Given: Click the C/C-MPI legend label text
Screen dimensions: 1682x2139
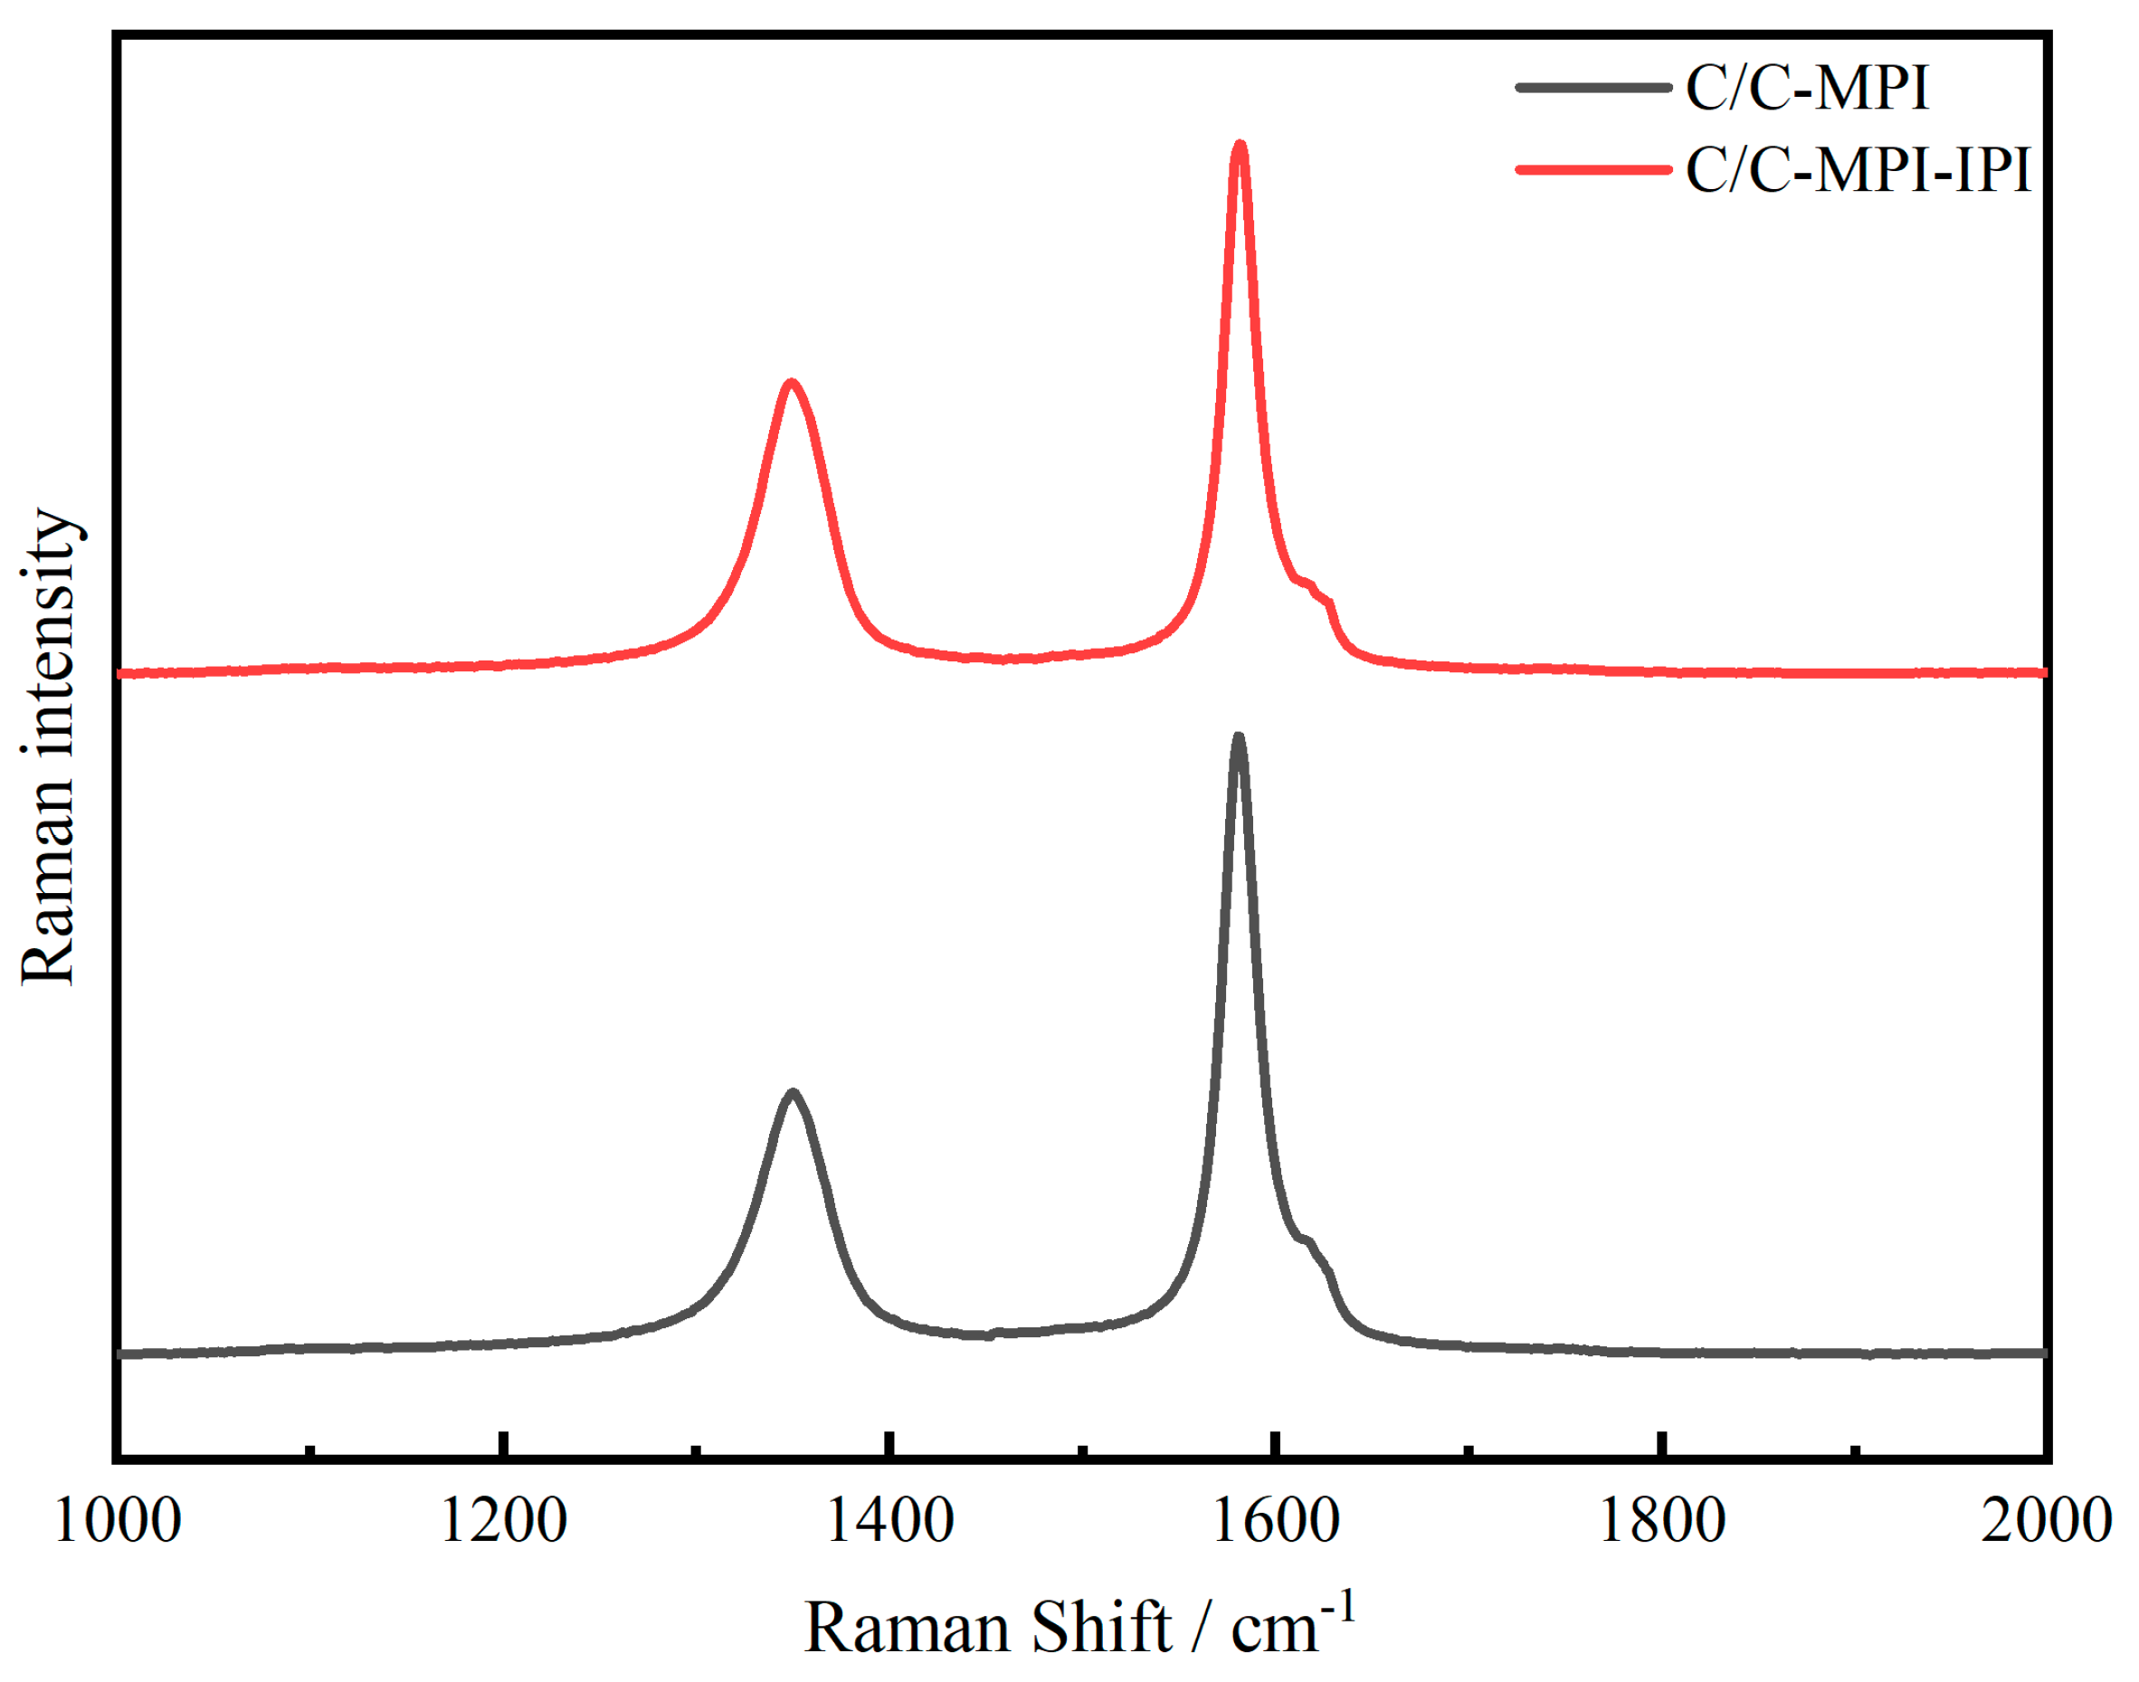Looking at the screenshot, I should (x=1805, y=89).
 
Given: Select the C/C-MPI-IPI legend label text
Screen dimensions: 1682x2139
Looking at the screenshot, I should (x=1858, y=170).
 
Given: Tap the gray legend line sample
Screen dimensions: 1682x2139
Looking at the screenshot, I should (x=1592, y=88).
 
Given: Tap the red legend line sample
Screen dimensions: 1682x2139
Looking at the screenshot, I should (x=1592, y=170).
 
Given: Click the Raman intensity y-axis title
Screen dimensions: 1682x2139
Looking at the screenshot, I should (x=47, y=746).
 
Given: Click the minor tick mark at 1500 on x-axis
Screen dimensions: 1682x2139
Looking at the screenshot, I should (x=1082, y=1449).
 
